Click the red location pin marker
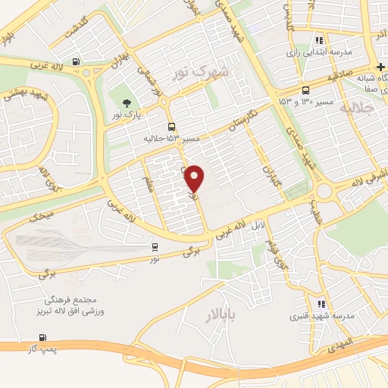[196, 178]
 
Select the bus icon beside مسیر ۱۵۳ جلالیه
[171, 127]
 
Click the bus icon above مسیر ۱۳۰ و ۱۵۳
[305, 89]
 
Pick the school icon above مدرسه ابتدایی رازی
[320, 40]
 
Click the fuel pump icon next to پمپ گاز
[40, 338]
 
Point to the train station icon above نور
[155, 246]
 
